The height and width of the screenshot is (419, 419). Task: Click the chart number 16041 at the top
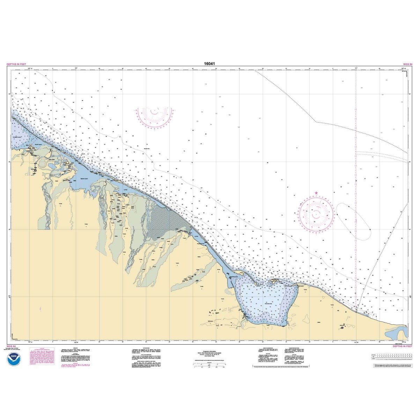coord(209,64)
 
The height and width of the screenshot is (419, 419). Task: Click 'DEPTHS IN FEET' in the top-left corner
coord(17,64)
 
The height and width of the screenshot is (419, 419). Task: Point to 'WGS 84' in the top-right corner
coord(407,64)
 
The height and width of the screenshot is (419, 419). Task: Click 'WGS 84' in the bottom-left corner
coord(11,346)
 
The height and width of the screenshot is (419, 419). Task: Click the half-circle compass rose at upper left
coord(155,115)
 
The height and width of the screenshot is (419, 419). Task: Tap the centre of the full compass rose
coord(316,214)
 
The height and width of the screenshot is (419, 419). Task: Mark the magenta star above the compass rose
coord(316,193)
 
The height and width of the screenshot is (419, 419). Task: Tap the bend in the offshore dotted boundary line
coord(316,122)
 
